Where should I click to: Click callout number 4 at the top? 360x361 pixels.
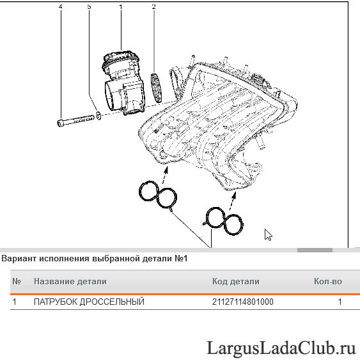(x=60, y=6)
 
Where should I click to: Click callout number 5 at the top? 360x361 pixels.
(x=89, y=6)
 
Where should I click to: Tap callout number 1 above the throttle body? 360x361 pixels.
(x=121, y=7)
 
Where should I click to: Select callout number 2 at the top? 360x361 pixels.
(x=153, y=6)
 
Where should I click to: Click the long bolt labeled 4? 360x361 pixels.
(x=75, y=120)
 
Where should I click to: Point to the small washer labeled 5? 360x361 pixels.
(x=98, y=116)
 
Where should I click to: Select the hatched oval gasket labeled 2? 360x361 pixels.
(x=156, y=88)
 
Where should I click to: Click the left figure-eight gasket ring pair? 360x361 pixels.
(x=158, y=195)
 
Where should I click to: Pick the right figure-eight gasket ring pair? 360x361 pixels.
(x=223, y=221)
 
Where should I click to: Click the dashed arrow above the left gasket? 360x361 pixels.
(x=165, y=176)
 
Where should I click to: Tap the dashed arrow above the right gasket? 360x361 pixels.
(x=233, y=201)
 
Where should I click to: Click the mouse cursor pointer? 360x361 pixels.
(x=268, y=234)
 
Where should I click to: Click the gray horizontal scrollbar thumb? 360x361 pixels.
(x=315, y=250)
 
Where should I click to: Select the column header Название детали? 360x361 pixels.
(x=70, y=281)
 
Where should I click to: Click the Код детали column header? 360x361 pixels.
(x=236, y=281)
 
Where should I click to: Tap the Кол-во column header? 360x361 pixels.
(x=328, y=281)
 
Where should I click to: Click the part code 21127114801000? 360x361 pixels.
(x=243, y=302)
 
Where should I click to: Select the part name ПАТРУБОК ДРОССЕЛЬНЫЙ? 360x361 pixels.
(x=89, y=302)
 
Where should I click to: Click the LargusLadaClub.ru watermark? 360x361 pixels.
(x=281, y=348)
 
